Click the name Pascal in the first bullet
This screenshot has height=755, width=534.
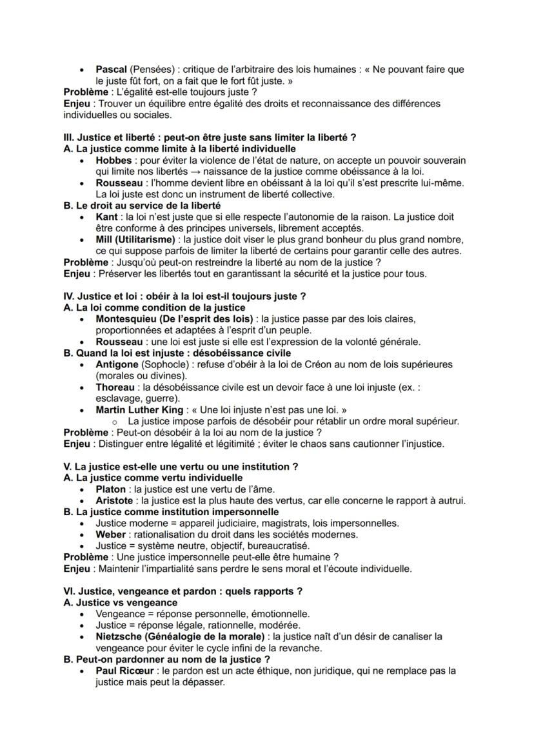click(112, 69)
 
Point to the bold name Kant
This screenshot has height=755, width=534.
click(106, 217)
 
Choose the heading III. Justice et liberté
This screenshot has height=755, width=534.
click(210, 137)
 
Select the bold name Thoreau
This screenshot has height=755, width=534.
click(116, 387)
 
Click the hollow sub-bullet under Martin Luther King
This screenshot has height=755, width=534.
click(114, 422)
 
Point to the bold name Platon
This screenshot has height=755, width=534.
click(111, 489)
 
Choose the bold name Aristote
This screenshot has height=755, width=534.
click(114, 500)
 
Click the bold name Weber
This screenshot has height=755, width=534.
click(111, 534)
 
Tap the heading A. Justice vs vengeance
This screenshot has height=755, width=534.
click(118, 602)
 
